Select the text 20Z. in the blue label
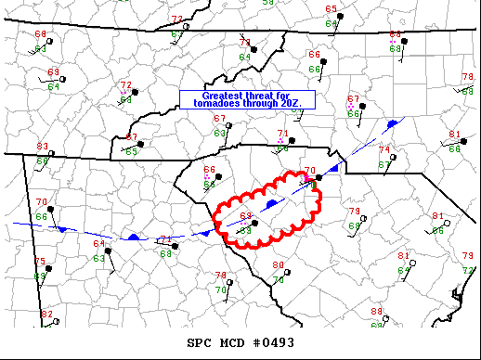point(303,102)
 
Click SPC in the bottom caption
point(200,341)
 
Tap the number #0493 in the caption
point(276,341)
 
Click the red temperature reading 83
point(43,147)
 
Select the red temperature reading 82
point(47,315)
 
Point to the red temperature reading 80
point(278,265)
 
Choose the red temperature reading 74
point(383,149)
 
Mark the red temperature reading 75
point(40,262)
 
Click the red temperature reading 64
point(98,244)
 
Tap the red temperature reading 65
point(331,9)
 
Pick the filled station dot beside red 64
point(108,251)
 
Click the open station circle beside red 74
point(393,156)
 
